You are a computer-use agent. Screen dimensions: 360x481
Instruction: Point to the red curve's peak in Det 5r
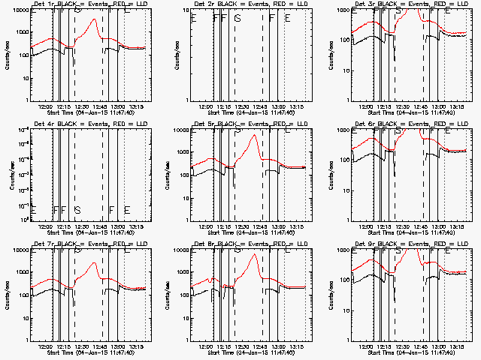click(x=256, y=135)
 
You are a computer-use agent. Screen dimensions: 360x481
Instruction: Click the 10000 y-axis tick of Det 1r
click(x=20, y=10)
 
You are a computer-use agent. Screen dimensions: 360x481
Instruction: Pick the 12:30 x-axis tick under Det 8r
click(x=242, y=346)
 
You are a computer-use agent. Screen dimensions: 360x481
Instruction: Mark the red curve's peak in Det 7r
click(x=93, y=263)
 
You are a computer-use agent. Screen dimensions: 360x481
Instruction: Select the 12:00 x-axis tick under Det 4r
click(x=46, y=226)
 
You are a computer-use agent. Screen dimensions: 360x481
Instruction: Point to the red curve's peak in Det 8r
click(x=256, y=255)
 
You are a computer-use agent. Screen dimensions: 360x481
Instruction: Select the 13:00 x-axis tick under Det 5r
click(x=277, y=226)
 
